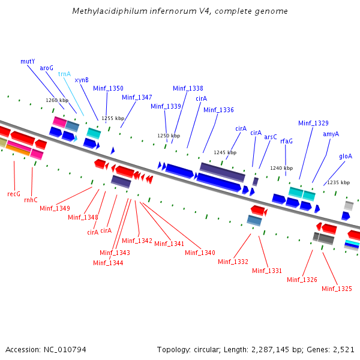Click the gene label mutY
point(28,61)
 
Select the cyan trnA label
point(64,74)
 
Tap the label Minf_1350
point(108,88)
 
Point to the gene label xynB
point(82,79)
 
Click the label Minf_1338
point(188,88)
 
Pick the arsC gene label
point(271,137)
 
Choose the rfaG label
point(286,141)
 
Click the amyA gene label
point(331,134)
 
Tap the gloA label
point(346,156)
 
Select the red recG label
point(14,194)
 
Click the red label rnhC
point(31,200)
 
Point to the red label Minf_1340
point(200,253)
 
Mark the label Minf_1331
point(267,271)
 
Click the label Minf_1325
point(337,289)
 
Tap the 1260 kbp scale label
point(57,100)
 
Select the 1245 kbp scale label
point(225,152)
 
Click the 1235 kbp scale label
point(338,182)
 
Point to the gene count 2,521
point(343,349)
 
